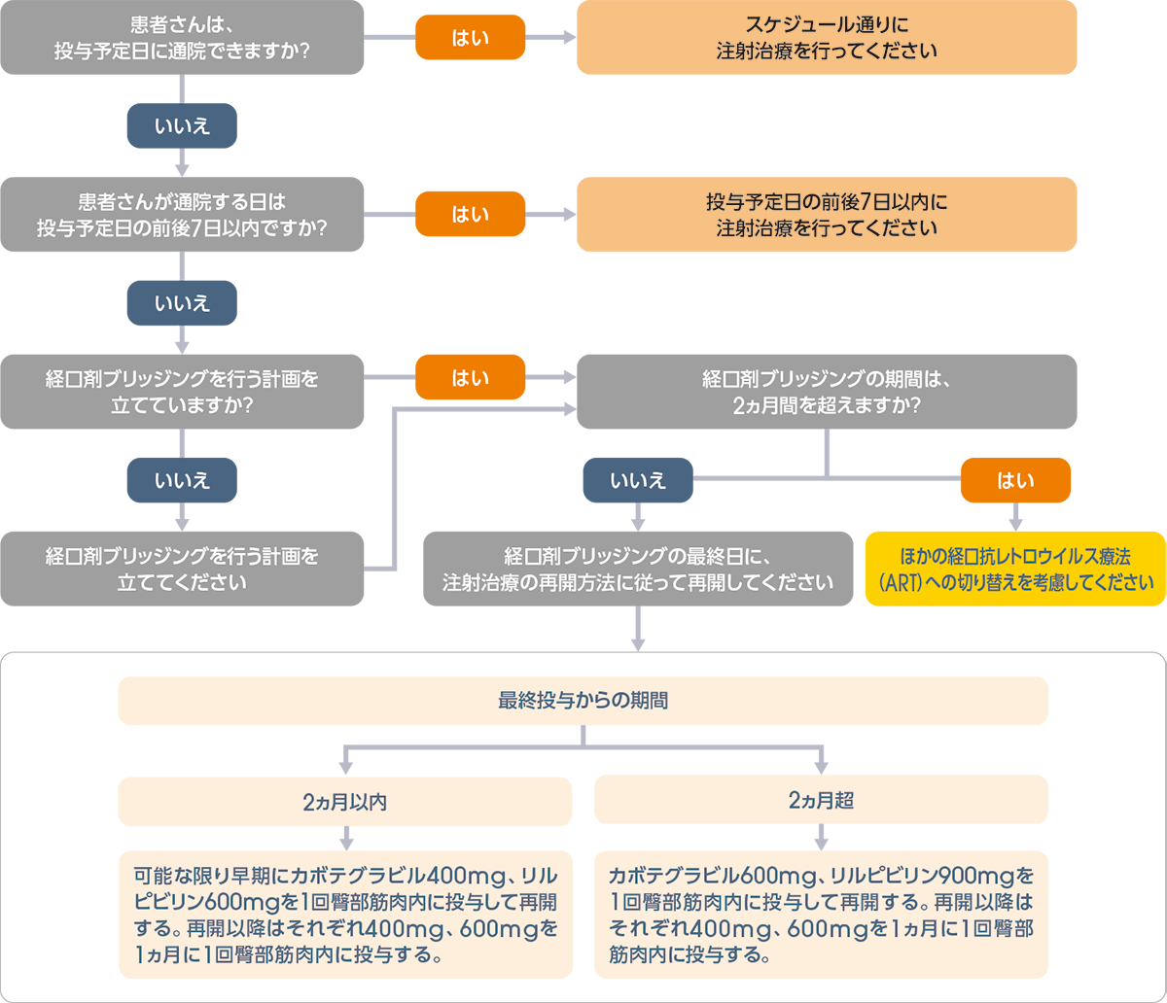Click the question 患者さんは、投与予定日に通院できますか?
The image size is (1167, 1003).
(182, 36)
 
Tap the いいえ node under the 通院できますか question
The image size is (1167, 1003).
(182, 125)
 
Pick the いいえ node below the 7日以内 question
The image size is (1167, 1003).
(182, 303)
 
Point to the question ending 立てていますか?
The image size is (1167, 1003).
(182, 391)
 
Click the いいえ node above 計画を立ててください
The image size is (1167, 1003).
(182, 480)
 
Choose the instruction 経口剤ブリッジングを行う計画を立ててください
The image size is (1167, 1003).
(182, 570)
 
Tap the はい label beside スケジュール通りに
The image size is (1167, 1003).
(471, 38)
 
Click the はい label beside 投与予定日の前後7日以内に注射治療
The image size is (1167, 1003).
(471, 215)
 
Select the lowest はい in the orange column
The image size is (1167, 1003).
(471, 378)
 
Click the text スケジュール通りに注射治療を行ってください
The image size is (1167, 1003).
(827, 37)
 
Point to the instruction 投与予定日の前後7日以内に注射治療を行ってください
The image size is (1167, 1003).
(827, 216)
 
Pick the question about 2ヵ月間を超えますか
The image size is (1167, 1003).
(827, 391)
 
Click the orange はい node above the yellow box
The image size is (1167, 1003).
(1016, 480)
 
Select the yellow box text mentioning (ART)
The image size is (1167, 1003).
(1015, 570)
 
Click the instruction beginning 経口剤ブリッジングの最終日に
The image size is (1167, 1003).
(638, 570)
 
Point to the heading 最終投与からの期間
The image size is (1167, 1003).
(583, 701)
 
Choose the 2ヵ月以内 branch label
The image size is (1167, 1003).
(345, 802)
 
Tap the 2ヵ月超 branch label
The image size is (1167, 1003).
(822, 801)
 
